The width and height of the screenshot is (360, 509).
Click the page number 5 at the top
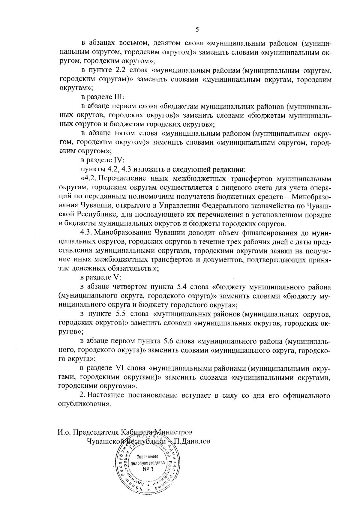pos(197,29)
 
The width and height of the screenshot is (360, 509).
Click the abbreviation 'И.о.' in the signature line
pos(64,433)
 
